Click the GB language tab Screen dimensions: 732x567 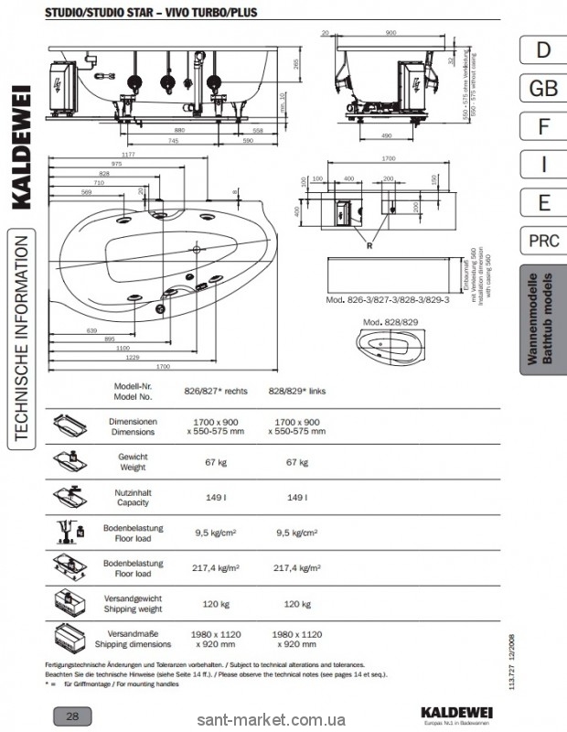pyautogui.click(x=543, y=88)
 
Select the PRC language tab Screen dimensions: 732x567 pyautogui.click(x=543, y=241)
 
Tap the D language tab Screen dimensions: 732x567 pyautogui.click(x=543, y=49)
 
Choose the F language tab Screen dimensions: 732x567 pyautogui.click(x=543, y=126)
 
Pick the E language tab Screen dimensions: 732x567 pyautogui.click(x=543, y=202)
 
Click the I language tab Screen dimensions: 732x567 pyautogui.click(x=543, y=165)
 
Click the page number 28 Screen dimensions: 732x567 pyautogui.click(x=70, y=715)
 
